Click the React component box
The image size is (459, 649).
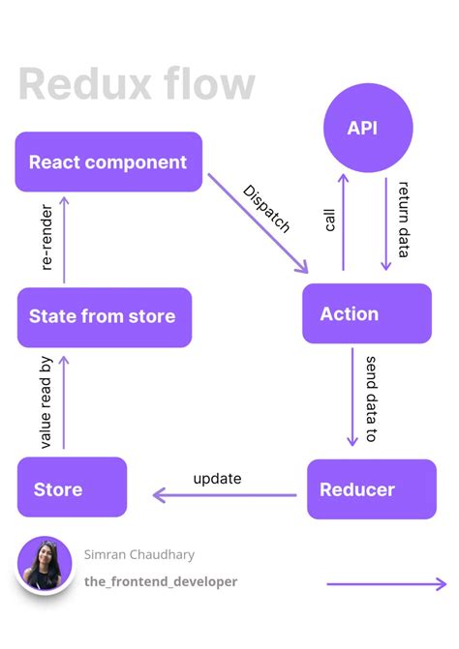coord(108,162)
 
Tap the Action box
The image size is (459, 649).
coord(366,313)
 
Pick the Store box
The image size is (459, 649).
coord(72,487)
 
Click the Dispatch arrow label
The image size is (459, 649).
coord(265,209)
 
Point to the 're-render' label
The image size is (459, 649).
coord(46,236)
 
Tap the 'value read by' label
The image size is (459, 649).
coord(46,402)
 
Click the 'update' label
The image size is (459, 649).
coord(217,478)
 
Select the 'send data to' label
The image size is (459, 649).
coord(372,399)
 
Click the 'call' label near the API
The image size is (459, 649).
coord(329,218)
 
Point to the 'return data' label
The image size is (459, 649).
coord(405,219)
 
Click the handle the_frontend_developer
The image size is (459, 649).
coord(161,581)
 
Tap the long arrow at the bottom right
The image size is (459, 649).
coord(386,583)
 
